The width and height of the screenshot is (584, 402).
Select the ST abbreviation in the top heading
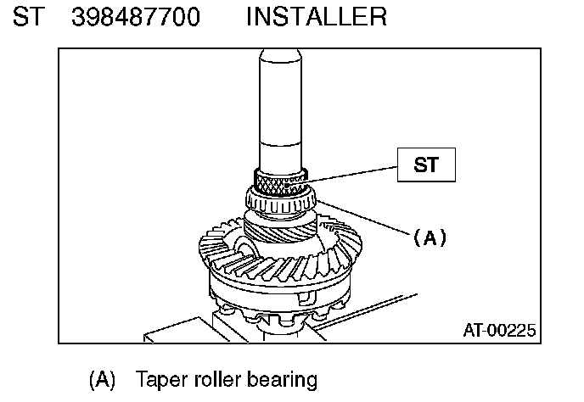point(27,15)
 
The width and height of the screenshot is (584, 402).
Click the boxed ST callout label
point(426,165)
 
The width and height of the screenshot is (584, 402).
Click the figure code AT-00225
point(499,330)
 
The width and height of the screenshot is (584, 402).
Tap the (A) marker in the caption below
point(101,378)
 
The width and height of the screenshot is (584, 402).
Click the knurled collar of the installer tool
point(279,181)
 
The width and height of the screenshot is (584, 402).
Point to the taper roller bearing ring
point(279,202)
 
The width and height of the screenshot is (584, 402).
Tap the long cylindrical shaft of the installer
point(279,102)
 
